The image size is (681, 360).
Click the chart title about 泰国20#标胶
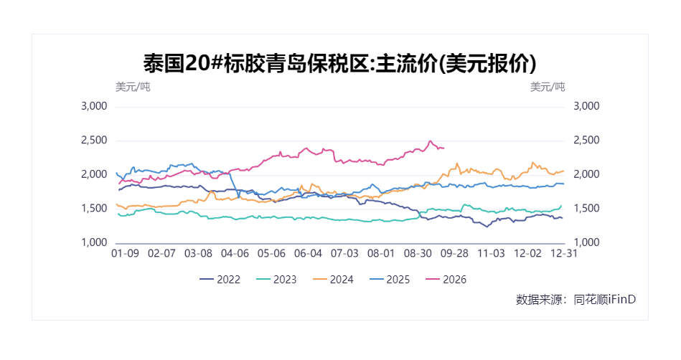(339, 63)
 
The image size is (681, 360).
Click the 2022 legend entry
(220, 280)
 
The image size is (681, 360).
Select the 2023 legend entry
(276, 280)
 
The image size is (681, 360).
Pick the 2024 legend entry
(333, 280)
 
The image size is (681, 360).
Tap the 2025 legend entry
(389, 280)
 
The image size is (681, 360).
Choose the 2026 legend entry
(446, 280)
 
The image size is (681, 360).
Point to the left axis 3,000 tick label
(94, 106)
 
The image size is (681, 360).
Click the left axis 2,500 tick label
(94, 141)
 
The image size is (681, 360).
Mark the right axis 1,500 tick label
(586, 209)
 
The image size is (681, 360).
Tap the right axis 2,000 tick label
(586, 174)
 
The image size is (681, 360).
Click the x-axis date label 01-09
(125, 253)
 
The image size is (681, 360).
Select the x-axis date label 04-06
(235, 253)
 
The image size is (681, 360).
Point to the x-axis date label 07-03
(344, 253)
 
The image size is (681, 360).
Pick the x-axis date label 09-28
(454, 253)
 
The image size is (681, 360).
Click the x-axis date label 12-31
(564, 253)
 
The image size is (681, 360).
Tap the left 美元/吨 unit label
(133, 87)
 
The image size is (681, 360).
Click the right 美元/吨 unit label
(548, 87)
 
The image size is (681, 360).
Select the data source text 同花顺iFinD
(604, 300)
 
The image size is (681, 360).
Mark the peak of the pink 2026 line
(430, 141)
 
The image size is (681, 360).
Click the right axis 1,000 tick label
(586, 242)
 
